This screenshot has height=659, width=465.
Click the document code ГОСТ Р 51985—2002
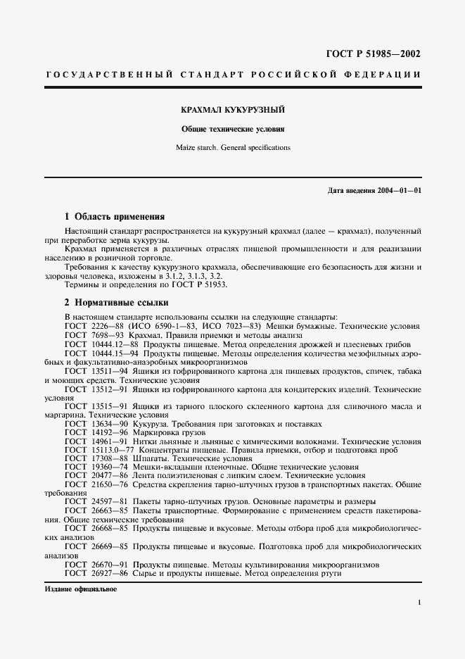tap(374, 54)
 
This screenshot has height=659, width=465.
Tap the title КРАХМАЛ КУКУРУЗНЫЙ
tap(233, 111)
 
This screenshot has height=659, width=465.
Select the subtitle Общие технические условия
tap(233, 130)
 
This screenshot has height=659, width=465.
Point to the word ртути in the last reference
tap(331, 573)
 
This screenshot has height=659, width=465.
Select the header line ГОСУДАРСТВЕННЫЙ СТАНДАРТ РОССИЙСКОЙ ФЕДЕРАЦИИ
tap(233, 75)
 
